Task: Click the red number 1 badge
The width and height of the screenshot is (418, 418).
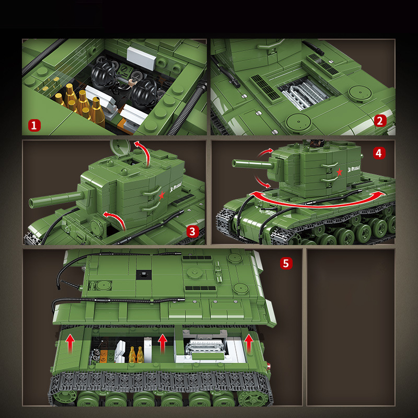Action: coord(34,125)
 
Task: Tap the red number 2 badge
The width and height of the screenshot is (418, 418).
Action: coord(380,121)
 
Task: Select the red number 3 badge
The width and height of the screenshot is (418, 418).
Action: coord(192,231)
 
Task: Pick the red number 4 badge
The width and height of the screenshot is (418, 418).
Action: coord(379,153)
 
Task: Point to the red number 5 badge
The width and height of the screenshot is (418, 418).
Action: coord(285,263)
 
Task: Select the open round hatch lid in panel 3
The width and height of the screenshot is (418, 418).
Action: coord(119,147)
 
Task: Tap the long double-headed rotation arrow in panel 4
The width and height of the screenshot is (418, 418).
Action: coord(313,201)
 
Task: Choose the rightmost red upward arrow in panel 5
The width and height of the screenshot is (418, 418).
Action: coord(249,343)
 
